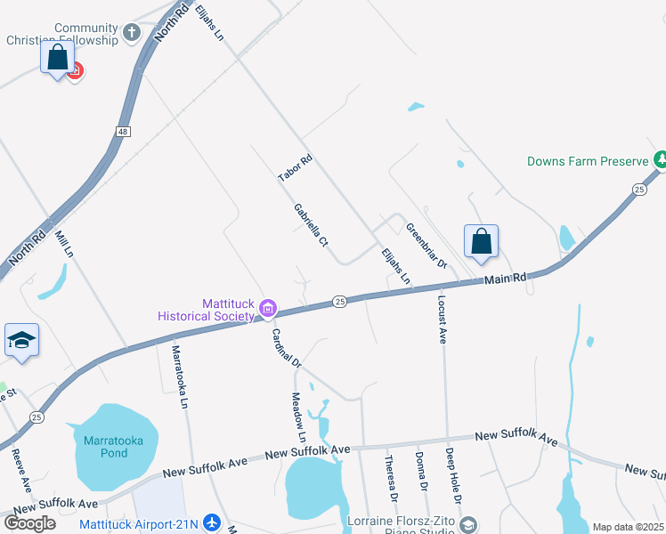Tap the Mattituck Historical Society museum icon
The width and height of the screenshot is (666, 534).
tap(267, 309)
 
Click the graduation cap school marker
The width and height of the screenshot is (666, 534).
tap(21, 341)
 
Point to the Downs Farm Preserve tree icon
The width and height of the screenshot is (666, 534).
tap(660, 160)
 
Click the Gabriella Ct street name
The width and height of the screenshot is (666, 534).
tap(312, 225)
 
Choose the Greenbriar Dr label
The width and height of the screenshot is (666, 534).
tap(426, 245)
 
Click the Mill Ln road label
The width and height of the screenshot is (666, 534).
tap(62, 243)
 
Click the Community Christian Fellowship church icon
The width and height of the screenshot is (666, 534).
tap(132, 34)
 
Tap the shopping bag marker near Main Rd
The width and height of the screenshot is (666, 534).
tap(481, 242)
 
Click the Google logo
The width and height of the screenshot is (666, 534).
tap(28, 522)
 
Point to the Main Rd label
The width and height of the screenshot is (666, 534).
tap(506, 279)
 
